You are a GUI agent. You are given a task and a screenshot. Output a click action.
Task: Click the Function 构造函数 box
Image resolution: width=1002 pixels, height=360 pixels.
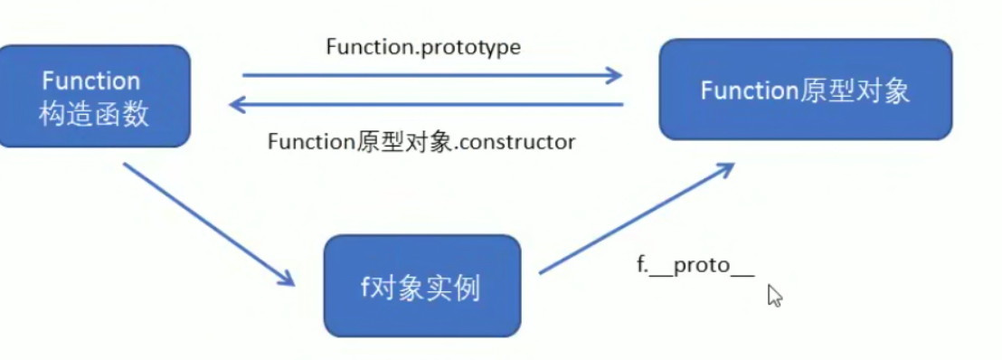pyautogui.click(x=95, y=96)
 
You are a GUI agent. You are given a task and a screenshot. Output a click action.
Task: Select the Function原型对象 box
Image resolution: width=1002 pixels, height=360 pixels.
pyautogui.click(x=805, y=90)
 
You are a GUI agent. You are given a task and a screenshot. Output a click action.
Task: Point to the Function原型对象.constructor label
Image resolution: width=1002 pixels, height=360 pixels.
pyautogui.click(x=421, y=142)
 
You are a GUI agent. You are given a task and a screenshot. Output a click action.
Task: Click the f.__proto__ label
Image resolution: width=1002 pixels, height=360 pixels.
pyautogui.click(x=695, y=269)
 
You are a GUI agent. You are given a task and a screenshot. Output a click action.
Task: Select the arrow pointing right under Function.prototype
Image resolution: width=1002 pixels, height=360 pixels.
pyautogui.click(x=432, y=76)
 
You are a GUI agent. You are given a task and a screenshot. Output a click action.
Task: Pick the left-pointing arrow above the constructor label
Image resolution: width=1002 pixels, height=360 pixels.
pyautogui.click(x=425, y=105)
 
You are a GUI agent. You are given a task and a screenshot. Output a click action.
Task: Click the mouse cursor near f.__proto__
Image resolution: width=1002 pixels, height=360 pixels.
pyautogui.click(x=773, y=295)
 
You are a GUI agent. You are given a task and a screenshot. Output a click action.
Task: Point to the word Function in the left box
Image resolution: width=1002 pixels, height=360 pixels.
pyautogui.click(x=91, y=81)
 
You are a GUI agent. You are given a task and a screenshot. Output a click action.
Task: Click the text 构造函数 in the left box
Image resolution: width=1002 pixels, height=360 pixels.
pyautogui.click(x=94, y=115)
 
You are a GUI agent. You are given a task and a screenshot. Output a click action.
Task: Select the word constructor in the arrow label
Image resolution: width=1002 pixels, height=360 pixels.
pyautogui.click(x=520, y=142)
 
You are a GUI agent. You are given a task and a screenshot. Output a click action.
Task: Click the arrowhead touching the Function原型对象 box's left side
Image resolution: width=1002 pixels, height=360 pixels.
pyautogui.click(x=614, y=76)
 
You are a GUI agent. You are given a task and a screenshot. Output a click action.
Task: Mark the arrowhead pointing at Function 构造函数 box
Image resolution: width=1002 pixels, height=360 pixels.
pyautogui.click(x=240, y=105)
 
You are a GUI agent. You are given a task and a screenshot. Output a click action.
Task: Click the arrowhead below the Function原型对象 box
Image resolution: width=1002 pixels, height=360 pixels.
pyautogui.click(x=723, y=170)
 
